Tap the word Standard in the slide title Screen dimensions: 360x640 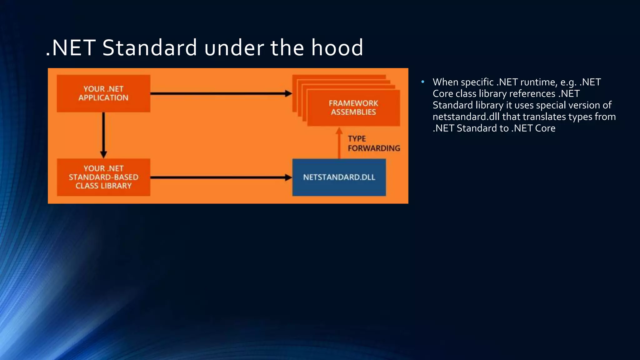pos(149,48)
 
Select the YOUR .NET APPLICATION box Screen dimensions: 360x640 pos(103,93)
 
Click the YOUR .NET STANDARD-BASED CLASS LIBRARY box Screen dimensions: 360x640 pos(103,177)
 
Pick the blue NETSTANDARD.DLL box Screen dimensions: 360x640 pos(339,177)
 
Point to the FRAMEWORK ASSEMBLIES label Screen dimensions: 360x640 pos(353,107)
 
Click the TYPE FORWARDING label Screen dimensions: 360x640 pos(374,143)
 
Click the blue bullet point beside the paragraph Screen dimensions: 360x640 pos(422,82)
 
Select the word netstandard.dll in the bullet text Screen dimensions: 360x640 pos(466,117)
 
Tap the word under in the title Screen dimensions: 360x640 pos(234,48)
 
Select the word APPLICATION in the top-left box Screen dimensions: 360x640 pos(103,98)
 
